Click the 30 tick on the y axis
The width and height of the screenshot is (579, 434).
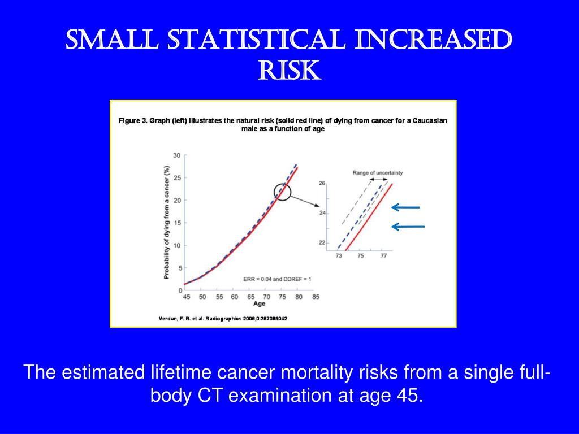pyautogui.click(x=176, y=155)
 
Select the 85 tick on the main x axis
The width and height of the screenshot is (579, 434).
pyautogui.click(x=316, y=297)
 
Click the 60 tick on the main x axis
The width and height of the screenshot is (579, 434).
pyautogui.click(x=234, y=297)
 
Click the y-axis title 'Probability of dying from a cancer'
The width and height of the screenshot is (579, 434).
pyautogui.click(x=166, y=222)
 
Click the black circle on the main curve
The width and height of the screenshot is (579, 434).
pyautogui.click(x=283, y=193)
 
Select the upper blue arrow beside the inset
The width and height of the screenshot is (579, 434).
pyautogui.click(x=406, y=207)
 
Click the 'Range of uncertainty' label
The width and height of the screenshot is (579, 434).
pyautogui.click(x=378, y=172)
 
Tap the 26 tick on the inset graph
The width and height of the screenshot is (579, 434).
pyautogui.click(x=322, y=184)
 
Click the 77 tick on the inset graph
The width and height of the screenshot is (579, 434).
pyautogui.click(x=383, y=256)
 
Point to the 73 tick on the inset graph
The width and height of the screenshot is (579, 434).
pyautogui.click(x=339, y=256)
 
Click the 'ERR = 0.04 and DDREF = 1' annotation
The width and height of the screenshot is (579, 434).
pyautogui.click(x=278, y=279)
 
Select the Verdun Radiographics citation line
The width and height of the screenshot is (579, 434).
pyautogui.click(x=223, y=318)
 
